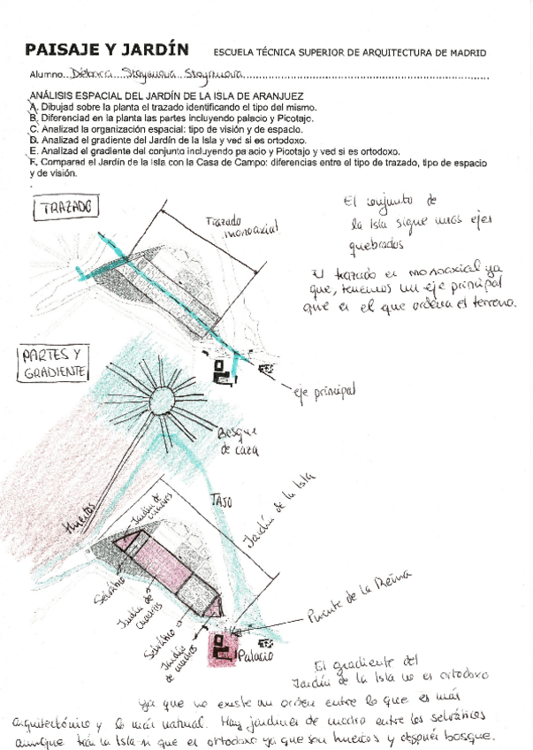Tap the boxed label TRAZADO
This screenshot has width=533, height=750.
pyautogui.click(x=66, y=209)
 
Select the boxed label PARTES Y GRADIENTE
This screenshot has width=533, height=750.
pyautogui.click(x=56, y=363)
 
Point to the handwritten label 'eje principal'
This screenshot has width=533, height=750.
pyautogui.click(x=324, y=389)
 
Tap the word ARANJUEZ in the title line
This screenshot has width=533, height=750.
pyautogui.click(x=274, y=96)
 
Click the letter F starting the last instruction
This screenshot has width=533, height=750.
pyautogui.click(x=33, y=162)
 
